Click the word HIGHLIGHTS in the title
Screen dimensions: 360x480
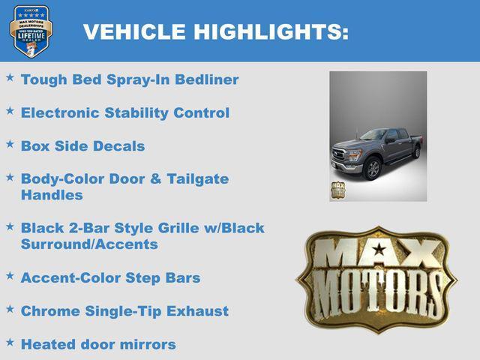(271, 31)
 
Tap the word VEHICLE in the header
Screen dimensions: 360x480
(134, 31)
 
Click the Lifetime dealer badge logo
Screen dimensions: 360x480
(31, 31)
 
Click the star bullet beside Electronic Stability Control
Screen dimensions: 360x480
(10, 110)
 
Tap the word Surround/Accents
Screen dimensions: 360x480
(89, 244)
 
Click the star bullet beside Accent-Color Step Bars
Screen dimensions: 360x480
(10, 275)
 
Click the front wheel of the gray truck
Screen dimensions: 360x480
(373, 169)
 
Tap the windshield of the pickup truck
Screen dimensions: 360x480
(373, 136)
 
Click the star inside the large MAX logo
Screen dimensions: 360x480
(379, 249)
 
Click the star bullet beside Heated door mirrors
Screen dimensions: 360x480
(10, 342)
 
